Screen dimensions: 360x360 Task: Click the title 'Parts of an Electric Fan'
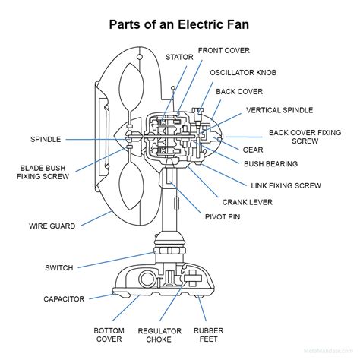(180, 24)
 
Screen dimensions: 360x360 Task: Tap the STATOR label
(180, 57)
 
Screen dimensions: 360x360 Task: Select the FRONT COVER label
(226, 51)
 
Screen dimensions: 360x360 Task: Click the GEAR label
(253, 150)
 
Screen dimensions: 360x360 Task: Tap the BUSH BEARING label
(270, 164)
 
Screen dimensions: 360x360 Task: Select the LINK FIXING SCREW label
(286, 185)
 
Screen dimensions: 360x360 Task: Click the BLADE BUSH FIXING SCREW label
(43, 172)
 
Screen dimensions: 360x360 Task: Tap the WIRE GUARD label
(52, 226)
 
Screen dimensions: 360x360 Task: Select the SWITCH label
(59, 267)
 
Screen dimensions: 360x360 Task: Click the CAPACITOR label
(64, 299)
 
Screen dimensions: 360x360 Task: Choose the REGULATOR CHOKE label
(159, 336)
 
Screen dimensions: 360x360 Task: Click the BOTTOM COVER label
(109, 336)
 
